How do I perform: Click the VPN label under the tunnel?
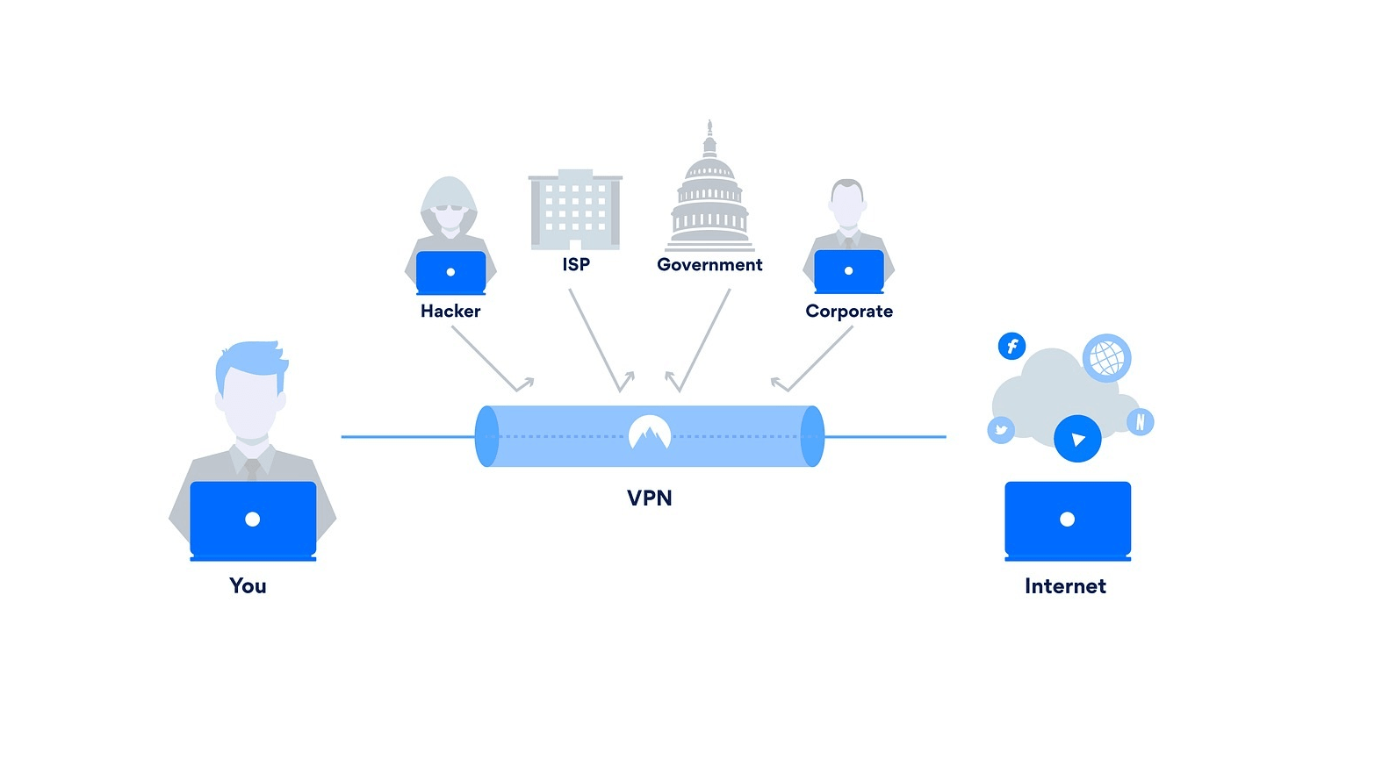(x=650, y=498)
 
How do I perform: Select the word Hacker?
(x=450, y=311)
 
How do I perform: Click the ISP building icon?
(x=575, y=210)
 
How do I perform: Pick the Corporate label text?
(x=849, y=311)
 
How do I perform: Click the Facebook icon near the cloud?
(x=1011, y=346)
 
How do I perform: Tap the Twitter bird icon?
(x=1001, y=430)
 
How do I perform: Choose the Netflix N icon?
(x=1140, y=422)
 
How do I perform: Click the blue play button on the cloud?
(x=1077, y=439)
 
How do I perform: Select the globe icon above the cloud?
(x=1106, y=358)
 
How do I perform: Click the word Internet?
(x=1065, y=586)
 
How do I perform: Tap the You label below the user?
(x=248, y=585)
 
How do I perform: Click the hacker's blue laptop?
(x=450, y=272)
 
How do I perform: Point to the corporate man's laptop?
(x=848, y=271)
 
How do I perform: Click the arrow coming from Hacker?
(x=491, y=359)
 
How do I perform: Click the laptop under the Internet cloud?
(x=1067, y=520)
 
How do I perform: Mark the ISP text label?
(x=576, y=264)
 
